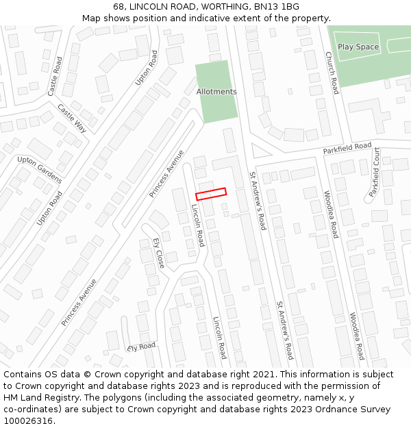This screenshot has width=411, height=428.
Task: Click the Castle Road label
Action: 55,76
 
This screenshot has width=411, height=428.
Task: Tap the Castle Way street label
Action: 72,118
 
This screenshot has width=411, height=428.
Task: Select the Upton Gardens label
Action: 40,170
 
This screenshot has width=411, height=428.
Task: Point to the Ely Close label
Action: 159,253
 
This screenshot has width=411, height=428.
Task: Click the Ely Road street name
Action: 141,347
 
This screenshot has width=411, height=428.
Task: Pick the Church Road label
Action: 332,73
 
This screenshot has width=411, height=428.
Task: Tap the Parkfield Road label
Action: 347,149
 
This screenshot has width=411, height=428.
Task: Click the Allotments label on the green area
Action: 216,92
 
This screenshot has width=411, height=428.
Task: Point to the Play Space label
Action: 358,47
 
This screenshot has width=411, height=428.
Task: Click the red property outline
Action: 211,194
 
